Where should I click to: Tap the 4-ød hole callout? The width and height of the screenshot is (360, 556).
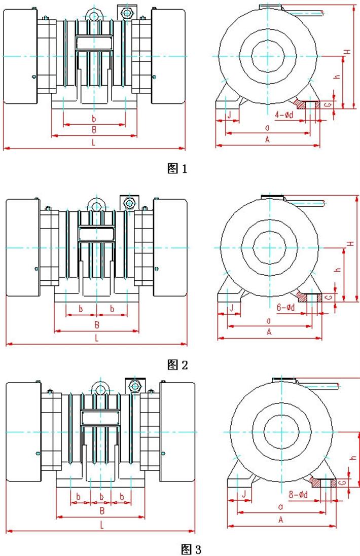tap(283, 115)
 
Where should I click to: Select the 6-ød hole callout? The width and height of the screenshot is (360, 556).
tap(286, 308)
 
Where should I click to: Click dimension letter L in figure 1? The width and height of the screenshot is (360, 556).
tap(93, 143)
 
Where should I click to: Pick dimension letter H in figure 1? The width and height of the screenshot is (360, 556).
tap(347, 52)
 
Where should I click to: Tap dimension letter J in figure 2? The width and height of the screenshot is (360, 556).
tap(231, 308)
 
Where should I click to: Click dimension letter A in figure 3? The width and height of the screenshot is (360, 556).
tap(280, 520)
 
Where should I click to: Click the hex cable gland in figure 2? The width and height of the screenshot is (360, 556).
tap(129, 204)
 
